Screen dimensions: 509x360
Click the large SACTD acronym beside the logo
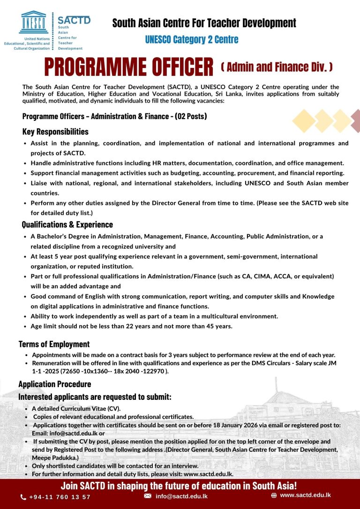(74, 20)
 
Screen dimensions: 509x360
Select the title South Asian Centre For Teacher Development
(204, 22)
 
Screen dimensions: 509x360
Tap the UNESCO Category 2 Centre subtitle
(191, 39)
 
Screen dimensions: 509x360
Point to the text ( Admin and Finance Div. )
(277, 67)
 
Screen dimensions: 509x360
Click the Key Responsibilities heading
(55, 131)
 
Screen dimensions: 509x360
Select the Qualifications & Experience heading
(67, 225)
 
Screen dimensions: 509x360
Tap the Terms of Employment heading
(54, 344)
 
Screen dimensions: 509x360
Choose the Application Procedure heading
(54, 384)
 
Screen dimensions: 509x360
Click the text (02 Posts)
(191, 116)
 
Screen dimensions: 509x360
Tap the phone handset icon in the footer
(23, 497)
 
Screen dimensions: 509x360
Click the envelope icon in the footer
(148, 496)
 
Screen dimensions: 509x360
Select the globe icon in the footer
(274, 495)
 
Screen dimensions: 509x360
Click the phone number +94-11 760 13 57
(60, 497)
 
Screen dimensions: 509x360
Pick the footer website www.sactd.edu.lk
(305, 495)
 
